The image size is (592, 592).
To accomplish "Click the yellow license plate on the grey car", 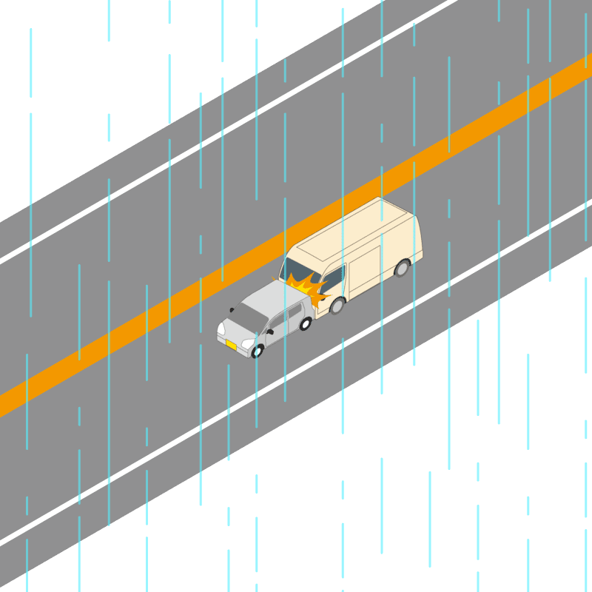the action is pos(231,345).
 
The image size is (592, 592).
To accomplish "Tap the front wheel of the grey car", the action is pos(258,351).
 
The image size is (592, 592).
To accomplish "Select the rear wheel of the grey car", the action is pos(305,323).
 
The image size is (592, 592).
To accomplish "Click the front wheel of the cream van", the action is pos(337,305).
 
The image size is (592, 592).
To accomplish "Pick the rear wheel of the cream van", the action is pos(402,267).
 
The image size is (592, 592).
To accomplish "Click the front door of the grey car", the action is pos(277,330).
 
